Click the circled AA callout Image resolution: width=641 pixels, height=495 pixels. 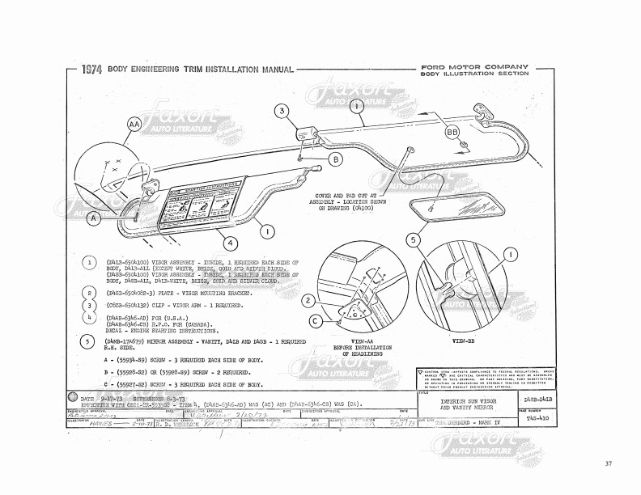tap(134, 125)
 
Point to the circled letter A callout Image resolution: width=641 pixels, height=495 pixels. tap(95, 218)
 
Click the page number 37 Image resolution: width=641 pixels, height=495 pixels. tap(608, 463)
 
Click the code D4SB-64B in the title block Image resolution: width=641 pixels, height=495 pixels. tap(541, 400)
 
